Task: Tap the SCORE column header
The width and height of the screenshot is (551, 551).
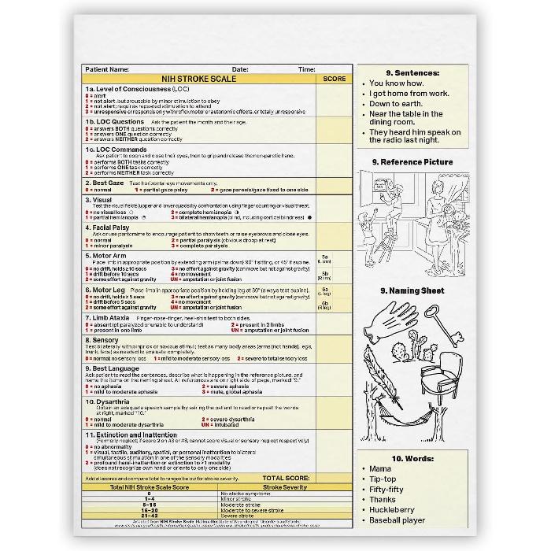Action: tap(334, 79)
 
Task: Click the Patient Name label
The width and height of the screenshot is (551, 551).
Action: tap(106, 69)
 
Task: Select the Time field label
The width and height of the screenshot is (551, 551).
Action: tap(306, 69)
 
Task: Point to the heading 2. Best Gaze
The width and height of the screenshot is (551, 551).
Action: tap(107, 183)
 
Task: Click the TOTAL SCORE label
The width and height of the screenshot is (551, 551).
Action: tap(286, 478)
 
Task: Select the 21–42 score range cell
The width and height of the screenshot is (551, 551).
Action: tap(150, 515)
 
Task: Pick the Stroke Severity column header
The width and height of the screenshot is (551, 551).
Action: tap(264, 488)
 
